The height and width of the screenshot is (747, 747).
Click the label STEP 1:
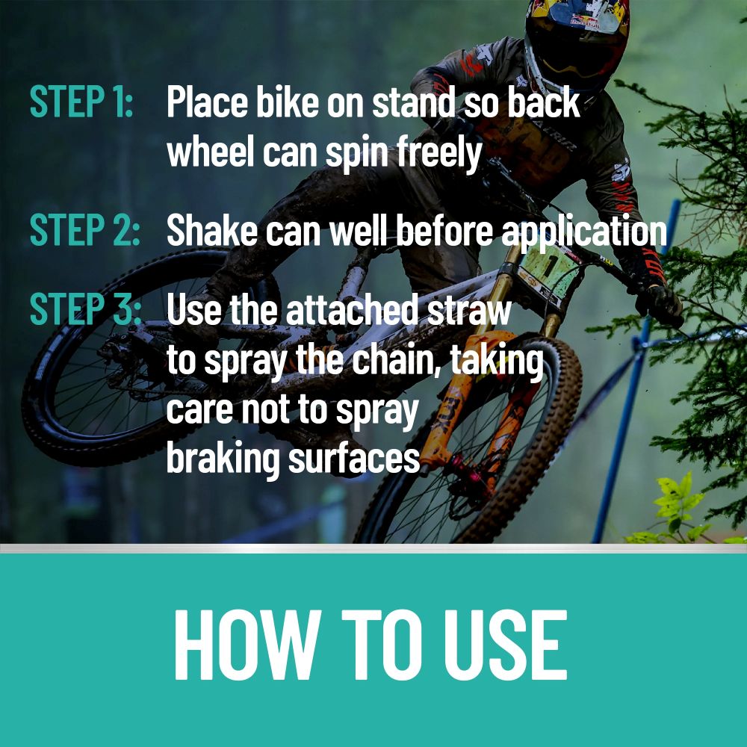[81, 101]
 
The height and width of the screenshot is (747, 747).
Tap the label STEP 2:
[85, 229]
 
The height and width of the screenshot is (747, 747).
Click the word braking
[222, 459]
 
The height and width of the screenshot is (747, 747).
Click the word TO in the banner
[381, 645]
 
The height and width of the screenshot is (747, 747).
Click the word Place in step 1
[207, 102]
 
